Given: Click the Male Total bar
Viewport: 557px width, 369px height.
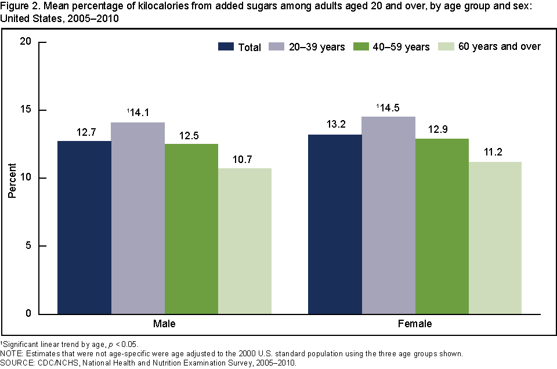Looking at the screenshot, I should pos(84,227).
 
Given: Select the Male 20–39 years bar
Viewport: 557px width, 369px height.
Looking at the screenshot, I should pos(138,218).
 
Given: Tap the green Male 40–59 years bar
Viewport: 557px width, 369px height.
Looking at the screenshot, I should pos(191,229).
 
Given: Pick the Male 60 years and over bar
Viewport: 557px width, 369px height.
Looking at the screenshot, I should pos(244,241).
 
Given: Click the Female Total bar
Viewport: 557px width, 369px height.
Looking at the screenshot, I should pos(335,224).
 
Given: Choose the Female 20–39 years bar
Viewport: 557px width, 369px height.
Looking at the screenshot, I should pos(388,215).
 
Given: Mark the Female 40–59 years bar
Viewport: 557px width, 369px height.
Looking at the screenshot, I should pos(442,226).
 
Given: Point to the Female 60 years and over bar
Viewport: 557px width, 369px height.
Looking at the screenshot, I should pos(495,238).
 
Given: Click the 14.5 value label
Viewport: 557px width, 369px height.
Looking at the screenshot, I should pos(390,107).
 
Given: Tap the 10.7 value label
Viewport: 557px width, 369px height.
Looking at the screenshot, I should pos(245,159).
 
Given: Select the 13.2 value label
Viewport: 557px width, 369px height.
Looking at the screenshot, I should pos(335,125).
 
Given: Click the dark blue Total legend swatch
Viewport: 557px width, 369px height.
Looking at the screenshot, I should pos(226,46).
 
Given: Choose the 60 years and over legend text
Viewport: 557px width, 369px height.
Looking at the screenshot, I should pos(500,46).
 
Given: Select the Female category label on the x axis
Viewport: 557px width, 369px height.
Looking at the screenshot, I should pos(415,324).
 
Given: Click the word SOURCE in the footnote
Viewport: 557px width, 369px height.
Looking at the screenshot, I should pos(16,363).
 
